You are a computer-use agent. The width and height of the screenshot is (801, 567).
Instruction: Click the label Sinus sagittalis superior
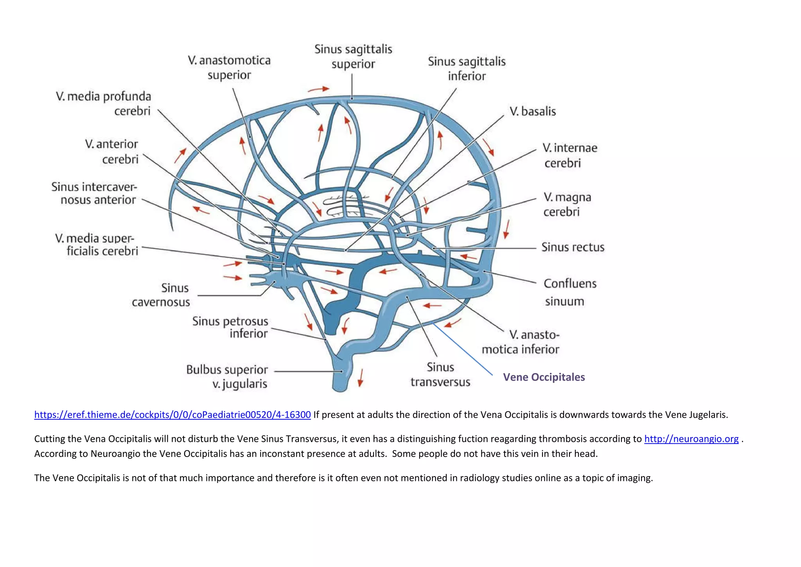[x=353, y=56]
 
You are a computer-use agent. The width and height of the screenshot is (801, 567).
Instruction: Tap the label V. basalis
[x=532, y=112]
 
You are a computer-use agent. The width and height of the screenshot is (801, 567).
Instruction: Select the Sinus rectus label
[x=573, y=247]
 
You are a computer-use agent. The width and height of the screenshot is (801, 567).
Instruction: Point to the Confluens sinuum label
[x=570, y=292]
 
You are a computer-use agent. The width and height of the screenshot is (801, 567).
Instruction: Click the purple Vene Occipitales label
[x=544, y=377]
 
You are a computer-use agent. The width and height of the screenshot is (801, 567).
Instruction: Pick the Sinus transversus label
[x=440, y=374]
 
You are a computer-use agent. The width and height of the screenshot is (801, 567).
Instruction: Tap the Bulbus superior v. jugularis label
[x=227, y=376]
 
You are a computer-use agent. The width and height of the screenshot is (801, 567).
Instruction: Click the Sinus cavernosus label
[x=161, y=295]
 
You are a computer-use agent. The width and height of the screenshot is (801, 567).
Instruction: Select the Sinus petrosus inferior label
[x=230, y=327]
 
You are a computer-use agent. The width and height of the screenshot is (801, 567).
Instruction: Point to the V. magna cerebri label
[x=567, y=204]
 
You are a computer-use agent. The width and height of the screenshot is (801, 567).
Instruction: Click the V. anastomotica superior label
[x=229, y=67]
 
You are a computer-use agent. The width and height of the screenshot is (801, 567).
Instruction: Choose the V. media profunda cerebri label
[x=104, y=103]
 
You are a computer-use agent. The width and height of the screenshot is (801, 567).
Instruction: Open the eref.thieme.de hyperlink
[x=172, y=415]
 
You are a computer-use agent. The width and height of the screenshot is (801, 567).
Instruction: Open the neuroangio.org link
[x=691, y=439]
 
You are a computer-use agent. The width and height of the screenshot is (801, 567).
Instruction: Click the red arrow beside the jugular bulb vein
[x=360, y=377]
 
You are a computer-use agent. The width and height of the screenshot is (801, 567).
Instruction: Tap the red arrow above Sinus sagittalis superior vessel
[x=318, y=89]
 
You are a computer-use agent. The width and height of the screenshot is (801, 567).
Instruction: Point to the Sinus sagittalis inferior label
[x=466, y=69]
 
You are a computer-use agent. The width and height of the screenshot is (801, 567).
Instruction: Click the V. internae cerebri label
[x=569, y=155]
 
